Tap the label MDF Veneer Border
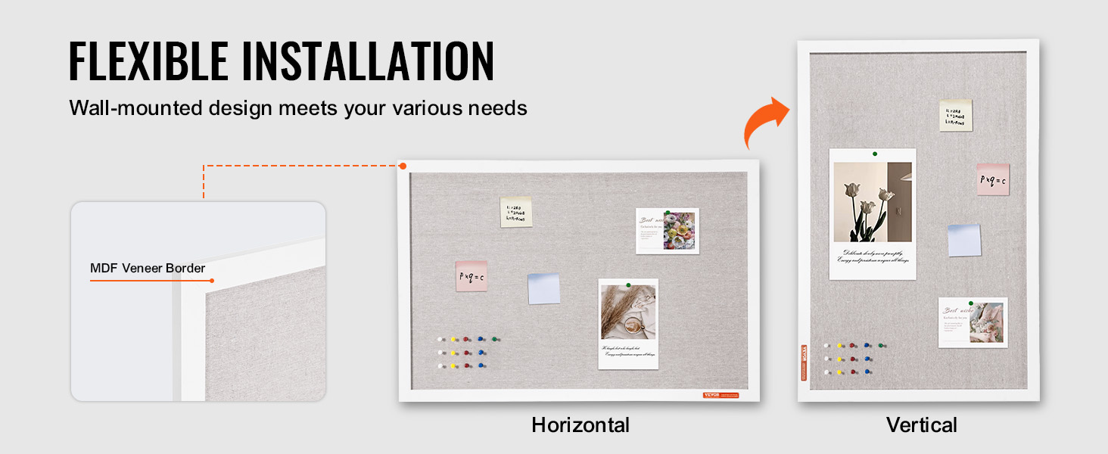click(148, 268)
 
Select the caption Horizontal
click(580, 424)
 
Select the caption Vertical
click(922, 425)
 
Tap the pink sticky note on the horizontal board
click(471, 276)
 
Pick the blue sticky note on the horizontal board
click(543, 288)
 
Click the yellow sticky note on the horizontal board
click(515, 212)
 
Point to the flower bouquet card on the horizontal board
click(668, 231)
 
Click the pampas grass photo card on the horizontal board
click(628, 323)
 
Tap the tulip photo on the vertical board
click(872, 202)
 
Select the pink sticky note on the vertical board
click(992, 179)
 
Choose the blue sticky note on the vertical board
click(964, 240)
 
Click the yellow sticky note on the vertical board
click(956, 115)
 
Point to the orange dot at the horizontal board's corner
click(403, 166)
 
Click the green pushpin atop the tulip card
click(874, 154)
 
